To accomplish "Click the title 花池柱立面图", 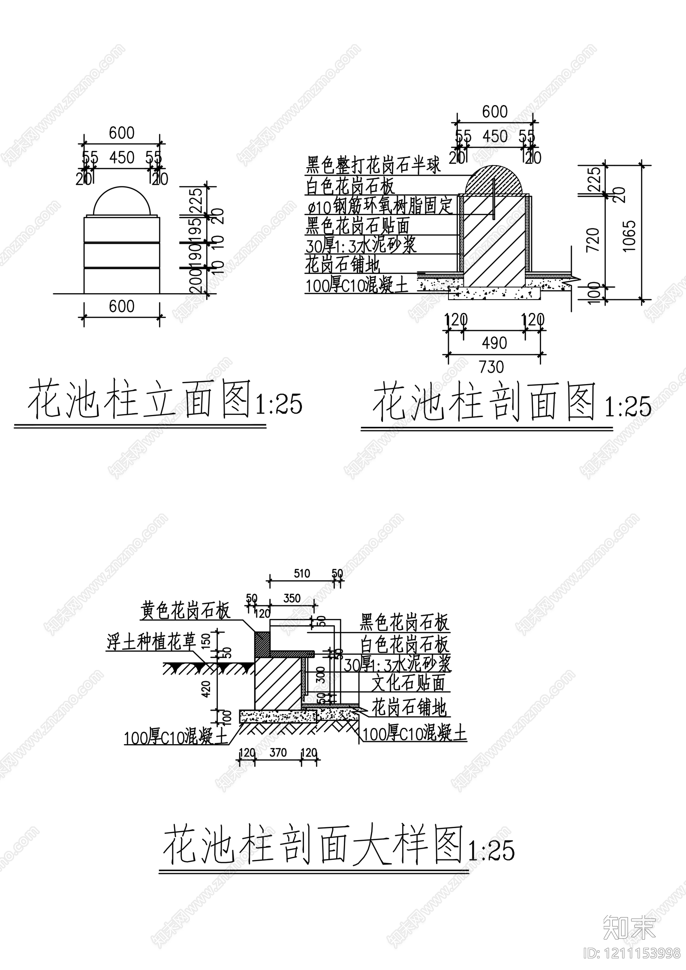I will [139, 399].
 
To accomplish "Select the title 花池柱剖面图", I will [484, 402].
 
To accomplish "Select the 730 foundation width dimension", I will [491, 367].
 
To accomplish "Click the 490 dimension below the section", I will [494, 343].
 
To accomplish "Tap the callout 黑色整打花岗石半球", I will [373, 165].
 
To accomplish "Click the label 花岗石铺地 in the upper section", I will [343, 264].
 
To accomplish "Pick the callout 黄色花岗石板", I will [186, 611].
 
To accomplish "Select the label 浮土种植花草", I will [151, 642].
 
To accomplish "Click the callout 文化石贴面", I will [408, 683].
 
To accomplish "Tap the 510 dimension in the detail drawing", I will [302, 574].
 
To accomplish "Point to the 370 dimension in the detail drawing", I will [278, 752].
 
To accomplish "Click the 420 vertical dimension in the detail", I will [207, 689].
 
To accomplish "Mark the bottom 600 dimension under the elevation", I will [122, 306].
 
